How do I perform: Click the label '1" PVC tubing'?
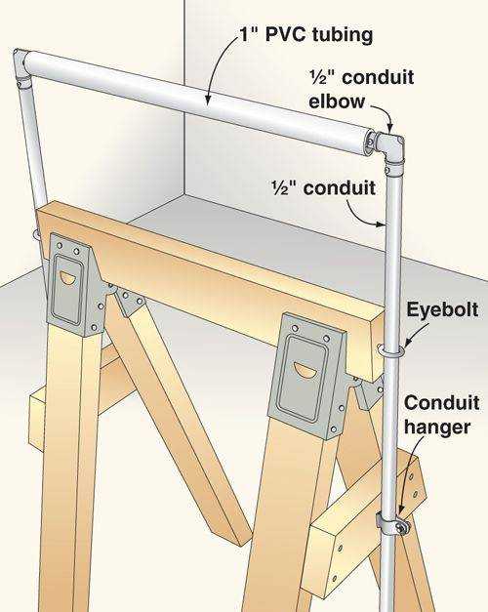click(305, 35)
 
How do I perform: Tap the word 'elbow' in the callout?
click(337, 102)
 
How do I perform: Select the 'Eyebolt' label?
click(442, 311)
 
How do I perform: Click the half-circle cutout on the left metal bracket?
click(67, 279)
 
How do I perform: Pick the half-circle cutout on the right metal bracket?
click(304, 370)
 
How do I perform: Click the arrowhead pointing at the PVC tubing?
click(208, 101)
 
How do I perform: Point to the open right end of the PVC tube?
click(368, 143)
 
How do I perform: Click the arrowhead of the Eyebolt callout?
click(406, 343)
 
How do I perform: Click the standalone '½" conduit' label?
click(324, 187)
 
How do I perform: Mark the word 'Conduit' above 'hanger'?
click(441, 403)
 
